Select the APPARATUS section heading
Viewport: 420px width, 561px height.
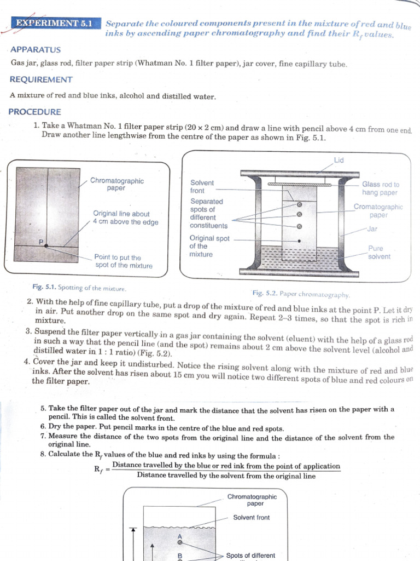(36, 49)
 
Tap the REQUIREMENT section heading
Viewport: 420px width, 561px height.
(41, 79)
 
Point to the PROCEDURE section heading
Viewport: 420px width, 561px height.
(34, 112)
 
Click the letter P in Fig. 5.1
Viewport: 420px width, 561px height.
(40, 242)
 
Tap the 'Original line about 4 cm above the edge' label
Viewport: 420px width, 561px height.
(125, 218)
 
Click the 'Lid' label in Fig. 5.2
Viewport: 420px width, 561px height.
(339, 160)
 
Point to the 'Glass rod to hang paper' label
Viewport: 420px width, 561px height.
(381, 188)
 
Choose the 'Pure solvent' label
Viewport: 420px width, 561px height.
(379, 253)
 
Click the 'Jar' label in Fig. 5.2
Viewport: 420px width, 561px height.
(372, 229)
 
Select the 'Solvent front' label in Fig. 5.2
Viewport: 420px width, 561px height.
(202, 187)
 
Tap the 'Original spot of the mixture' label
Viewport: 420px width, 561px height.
(209, 247)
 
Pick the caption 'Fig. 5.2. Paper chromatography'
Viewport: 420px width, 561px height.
(301, 294)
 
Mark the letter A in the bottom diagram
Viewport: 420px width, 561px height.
(179, 535)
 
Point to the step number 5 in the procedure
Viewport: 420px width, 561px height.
(43, 409)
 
